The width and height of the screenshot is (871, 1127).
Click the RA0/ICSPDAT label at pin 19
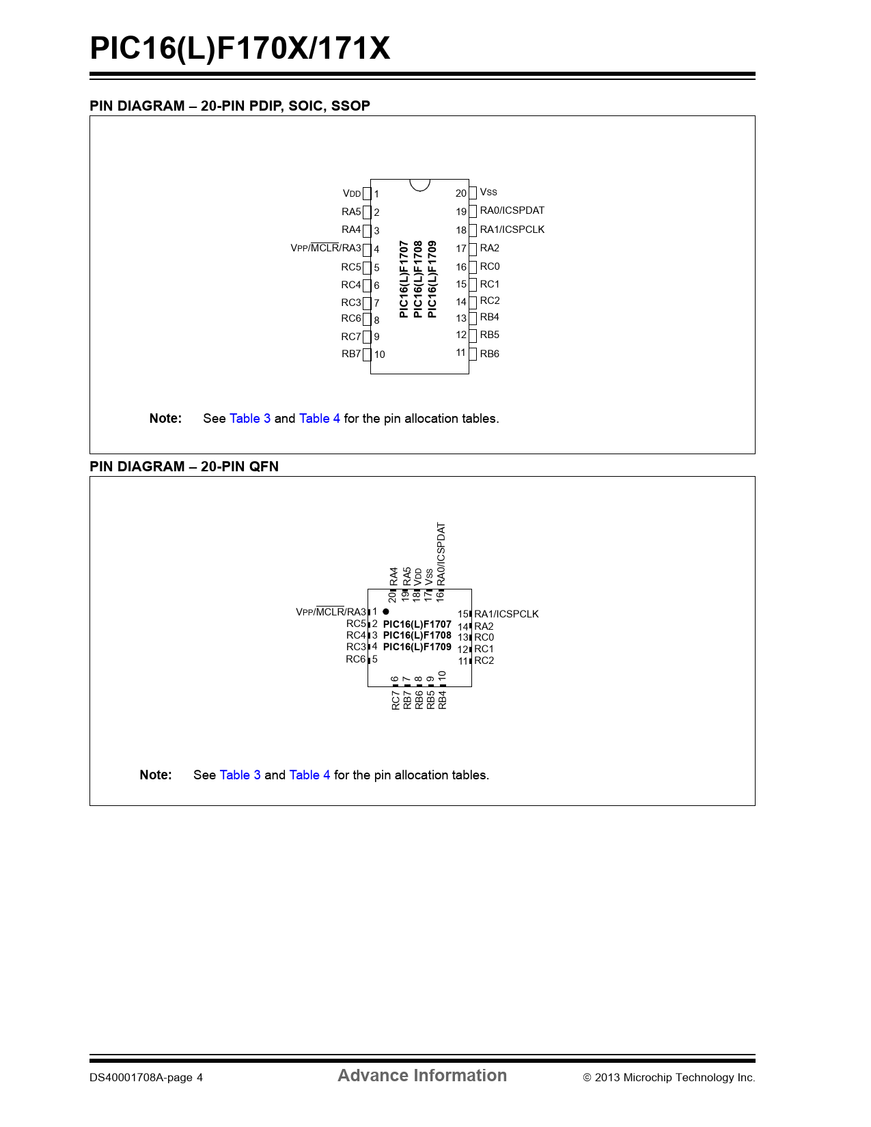(512, 210)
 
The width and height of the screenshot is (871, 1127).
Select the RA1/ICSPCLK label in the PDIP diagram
(512, 229)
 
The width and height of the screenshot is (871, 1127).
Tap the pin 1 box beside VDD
(367, 194)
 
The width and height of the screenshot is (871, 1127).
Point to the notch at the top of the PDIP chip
(419, 185)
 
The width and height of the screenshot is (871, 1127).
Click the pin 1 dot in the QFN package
(385, 611)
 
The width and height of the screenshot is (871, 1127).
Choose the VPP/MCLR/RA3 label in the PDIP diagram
(326, 248)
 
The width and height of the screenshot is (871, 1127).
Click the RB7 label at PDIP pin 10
(351, 354)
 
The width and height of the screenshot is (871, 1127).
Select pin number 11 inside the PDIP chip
(460, 352)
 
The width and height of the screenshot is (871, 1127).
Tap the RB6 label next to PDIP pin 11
(490, 354)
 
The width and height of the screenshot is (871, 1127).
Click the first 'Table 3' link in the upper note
(250, 419)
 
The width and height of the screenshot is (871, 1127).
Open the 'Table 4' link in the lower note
(309, 775)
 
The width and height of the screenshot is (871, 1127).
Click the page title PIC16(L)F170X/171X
(240, 48)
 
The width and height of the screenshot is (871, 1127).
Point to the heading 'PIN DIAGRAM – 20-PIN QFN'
(184, 467)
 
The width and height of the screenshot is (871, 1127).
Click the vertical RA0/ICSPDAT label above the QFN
(441, 554)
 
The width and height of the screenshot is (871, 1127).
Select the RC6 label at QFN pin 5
(356, 659)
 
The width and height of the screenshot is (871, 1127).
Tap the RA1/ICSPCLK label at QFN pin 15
(506, 614)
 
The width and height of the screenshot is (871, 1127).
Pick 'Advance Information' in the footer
(422, 1076)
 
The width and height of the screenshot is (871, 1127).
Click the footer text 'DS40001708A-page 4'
(146, 1078)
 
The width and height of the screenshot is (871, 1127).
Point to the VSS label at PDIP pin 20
(488, 193)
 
